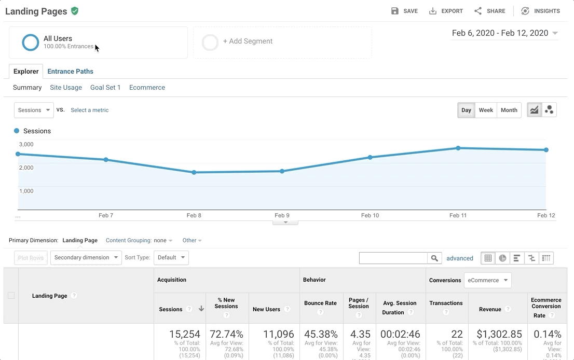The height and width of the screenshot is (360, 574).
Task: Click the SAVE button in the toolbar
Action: tap(404, 11)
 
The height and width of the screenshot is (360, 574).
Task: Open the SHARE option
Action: tap(489, 11)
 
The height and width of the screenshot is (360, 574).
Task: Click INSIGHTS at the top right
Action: tap(540, 11)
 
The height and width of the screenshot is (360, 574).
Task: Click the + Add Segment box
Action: tap(282, 42)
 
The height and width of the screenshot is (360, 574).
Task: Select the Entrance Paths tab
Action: tap(70, 72)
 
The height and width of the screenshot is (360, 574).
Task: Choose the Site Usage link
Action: tap(66, 88)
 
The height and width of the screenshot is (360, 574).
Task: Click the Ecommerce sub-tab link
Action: tap(147, 88)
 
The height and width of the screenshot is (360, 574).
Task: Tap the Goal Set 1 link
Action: tap(105, 88)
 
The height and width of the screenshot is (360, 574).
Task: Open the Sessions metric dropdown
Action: tap(34, 110)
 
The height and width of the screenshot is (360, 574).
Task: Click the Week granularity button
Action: tap(486, 110)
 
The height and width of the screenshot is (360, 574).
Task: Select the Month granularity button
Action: tap(509, 110)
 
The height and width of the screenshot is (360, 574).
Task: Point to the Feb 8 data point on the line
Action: tap(194, 172)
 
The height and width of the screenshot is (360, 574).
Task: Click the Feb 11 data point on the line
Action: tap(458, 148)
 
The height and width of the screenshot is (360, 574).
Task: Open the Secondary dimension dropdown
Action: tap(86, 258)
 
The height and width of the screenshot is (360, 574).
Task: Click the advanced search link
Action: tap(459, 258)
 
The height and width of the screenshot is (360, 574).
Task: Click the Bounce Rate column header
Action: tap(320, 303)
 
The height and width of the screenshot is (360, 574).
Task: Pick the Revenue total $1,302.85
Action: tap(499, 335)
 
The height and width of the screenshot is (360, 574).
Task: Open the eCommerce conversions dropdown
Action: tap(487, 281)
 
